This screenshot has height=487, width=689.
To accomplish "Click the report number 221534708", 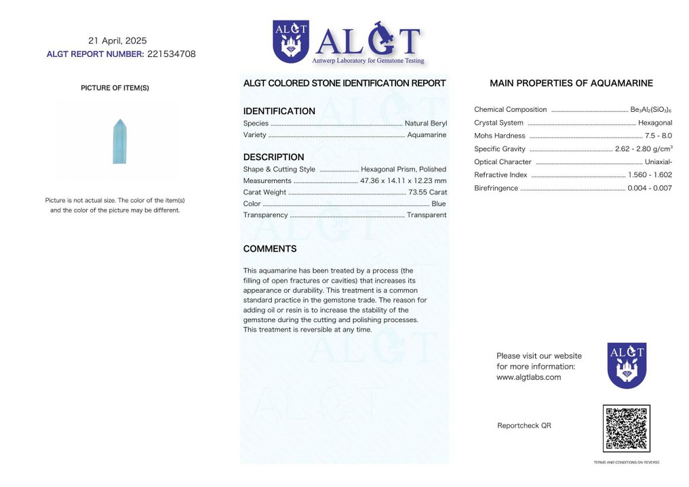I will pos(171,54).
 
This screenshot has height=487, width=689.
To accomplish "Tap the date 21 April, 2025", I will pos(117,41).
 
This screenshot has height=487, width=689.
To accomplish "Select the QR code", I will pos(626,428).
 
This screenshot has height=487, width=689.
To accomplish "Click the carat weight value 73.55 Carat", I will pos(427,192).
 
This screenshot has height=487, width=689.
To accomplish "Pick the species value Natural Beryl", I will pos(426,123).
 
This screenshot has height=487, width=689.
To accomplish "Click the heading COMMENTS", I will pos(270,249).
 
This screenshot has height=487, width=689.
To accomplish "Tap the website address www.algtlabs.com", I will pos(529,377).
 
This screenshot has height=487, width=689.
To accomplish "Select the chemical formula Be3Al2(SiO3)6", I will pos(651,110).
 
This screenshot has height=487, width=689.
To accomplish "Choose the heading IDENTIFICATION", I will pos(279,111).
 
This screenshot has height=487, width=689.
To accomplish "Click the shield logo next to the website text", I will pos(627,365).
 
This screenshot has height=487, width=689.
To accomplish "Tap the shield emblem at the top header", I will pos(290,41).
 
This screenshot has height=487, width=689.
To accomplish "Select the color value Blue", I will pos(439,203).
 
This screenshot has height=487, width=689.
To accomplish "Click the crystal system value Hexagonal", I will pos(655,123).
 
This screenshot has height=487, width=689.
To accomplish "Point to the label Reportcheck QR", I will pos(524,425).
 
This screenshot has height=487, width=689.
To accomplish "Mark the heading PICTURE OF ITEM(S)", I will pos(115,88).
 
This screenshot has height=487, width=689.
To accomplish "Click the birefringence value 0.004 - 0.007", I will pos(650,188).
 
